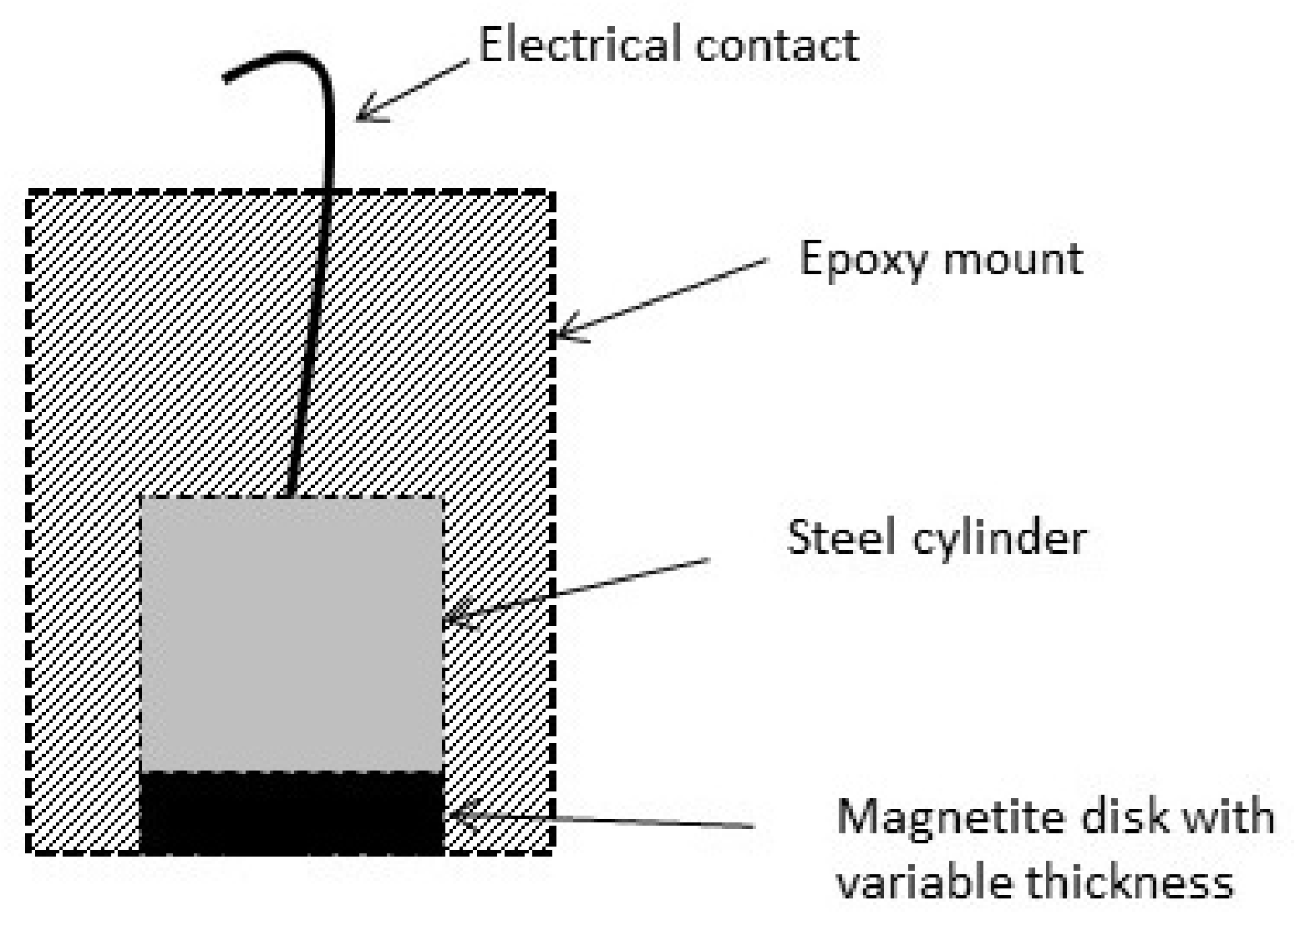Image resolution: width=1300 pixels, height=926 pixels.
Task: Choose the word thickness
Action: [x=1129, y=881]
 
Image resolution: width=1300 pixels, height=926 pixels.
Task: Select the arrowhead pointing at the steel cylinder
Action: [x=451, y=619]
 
